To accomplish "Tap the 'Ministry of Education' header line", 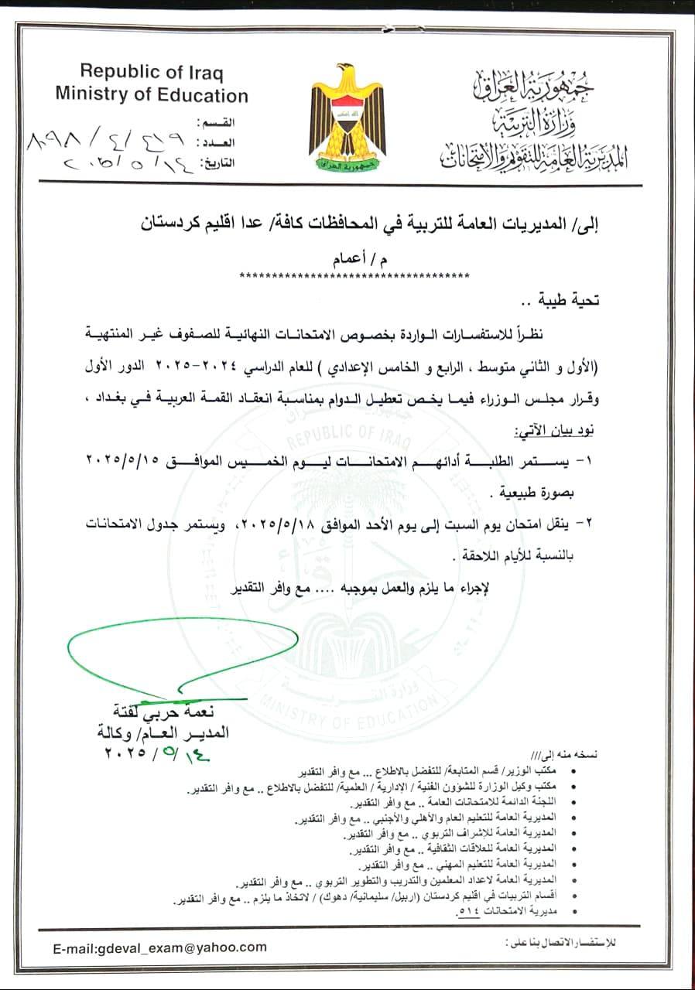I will tap(152, 96).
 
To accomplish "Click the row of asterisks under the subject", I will tap(355, 275).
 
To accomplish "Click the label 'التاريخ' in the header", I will tap(217, 164).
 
